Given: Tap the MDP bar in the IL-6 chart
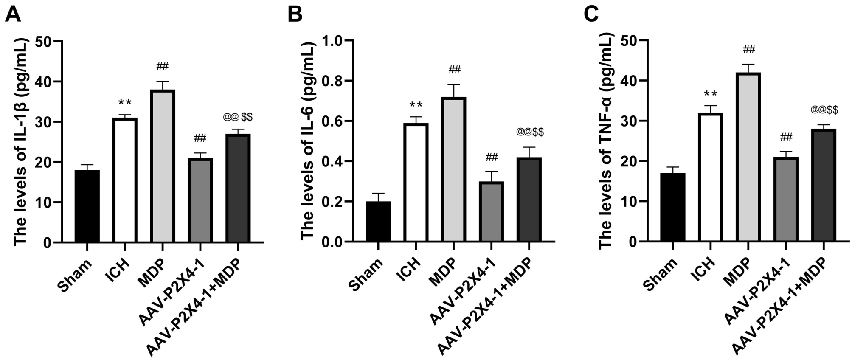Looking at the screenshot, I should [454, 170].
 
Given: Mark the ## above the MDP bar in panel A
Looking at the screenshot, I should [162, 66].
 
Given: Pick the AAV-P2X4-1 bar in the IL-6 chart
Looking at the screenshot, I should [491, 212].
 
